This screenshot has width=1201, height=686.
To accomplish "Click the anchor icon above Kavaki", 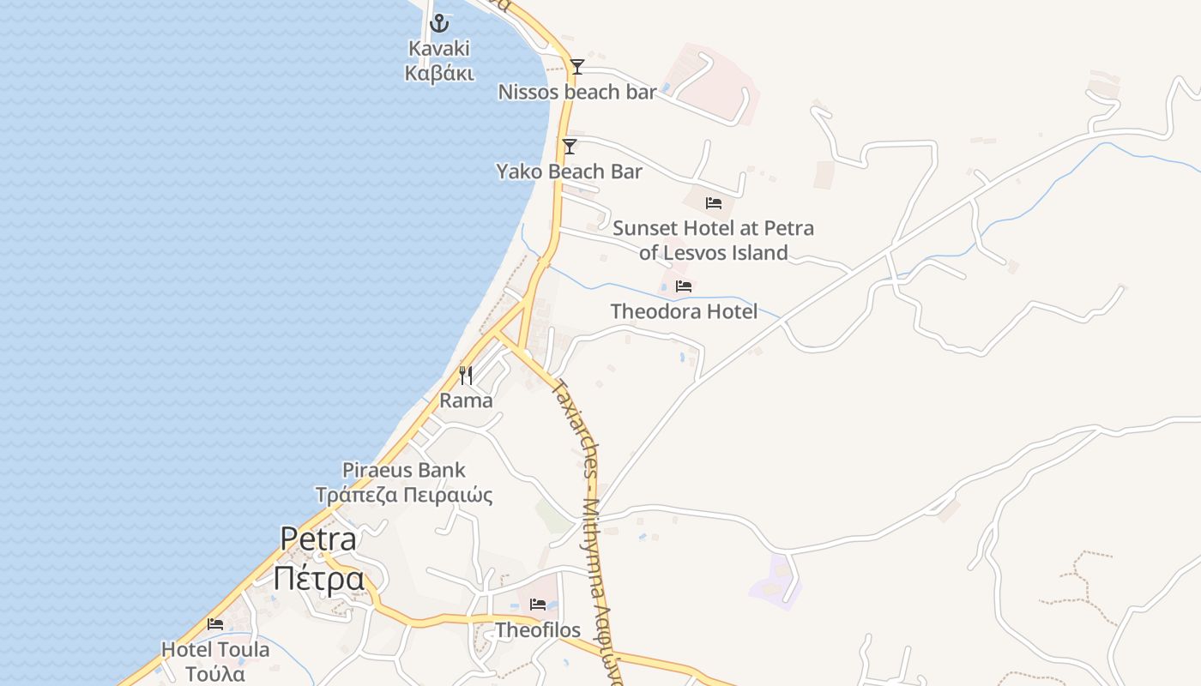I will point(439,23).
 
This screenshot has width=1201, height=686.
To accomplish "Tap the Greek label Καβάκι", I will point(439,73).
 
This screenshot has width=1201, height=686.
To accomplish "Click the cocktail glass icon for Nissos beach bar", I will point(577,67).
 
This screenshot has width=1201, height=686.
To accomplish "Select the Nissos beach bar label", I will point(577,92).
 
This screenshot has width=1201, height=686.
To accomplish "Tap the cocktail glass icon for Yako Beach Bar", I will point(570,147).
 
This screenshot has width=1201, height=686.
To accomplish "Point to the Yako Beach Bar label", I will point(569,171).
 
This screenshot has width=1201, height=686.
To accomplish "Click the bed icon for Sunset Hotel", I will point(714,203).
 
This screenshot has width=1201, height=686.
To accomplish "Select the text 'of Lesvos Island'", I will point(713,253).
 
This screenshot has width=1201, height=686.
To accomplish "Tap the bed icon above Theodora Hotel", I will point(684,286).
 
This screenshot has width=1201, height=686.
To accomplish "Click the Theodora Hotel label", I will point(684,311).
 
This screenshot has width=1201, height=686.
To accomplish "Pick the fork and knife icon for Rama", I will point(466,376).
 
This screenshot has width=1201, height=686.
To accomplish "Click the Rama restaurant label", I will point(466,400).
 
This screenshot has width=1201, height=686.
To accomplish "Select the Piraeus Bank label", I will point(404,470).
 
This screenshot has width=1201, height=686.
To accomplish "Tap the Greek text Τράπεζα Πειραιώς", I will point(404,495).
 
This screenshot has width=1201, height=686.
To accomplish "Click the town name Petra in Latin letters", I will point(318,539).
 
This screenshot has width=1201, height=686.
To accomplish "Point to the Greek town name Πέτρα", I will point(319,579).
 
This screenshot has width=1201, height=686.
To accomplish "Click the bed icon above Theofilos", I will point(538,605).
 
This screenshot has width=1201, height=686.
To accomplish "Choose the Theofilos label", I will point(538,630).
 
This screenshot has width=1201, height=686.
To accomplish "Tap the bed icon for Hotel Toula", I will point(215,624).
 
